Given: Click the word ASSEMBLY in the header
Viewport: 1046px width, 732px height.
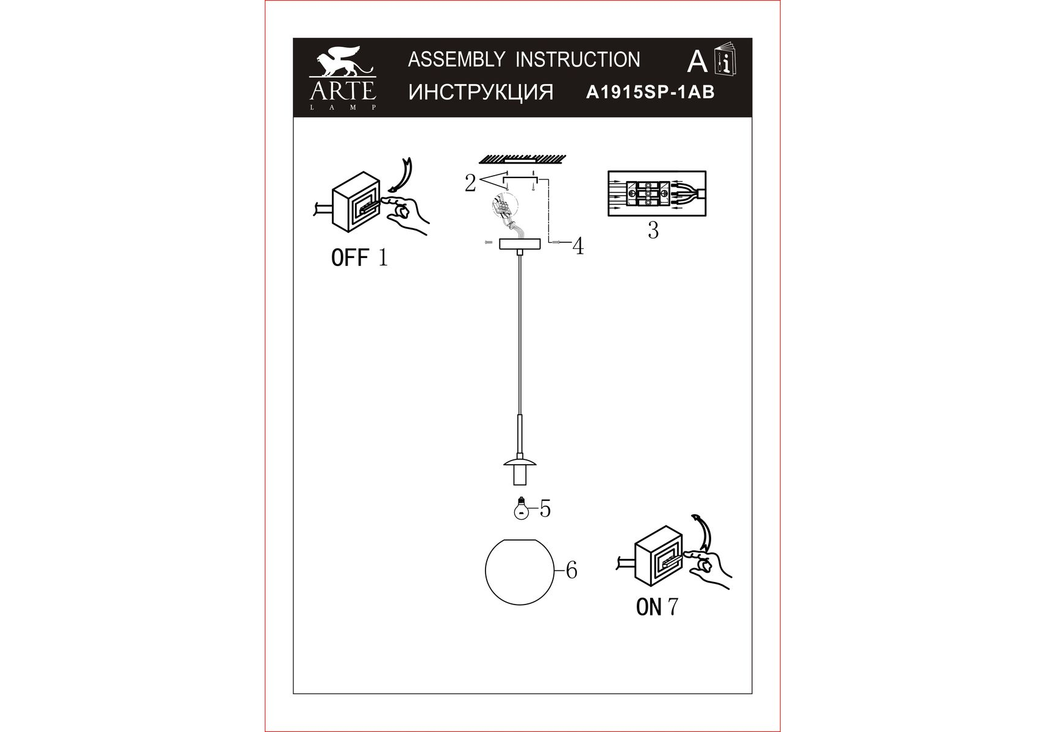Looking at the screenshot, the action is (x=456, y=59).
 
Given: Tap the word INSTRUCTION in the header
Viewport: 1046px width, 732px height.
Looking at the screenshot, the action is (x=578, y=59).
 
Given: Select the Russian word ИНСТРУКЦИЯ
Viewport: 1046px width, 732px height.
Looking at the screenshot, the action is (x=481, y=92).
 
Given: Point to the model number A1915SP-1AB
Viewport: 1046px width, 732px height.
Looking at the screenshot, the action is (x=650, y=92).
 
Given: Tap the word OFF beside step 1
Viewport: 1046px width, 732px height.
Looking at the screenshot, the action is (x=350, y=257).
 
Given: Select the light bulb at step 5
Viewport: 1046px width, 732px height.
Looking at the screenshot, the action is (x=521, y=508).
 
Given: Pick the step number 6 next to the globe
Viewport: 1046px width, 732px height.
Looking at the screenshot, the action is (x=571, y=570).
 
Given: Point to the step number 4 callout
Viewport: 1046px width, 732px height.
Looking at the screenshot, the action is (x=578, y=246).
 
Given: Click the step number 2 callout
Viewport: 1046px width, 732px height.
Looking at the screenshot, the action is (x=470, y=183).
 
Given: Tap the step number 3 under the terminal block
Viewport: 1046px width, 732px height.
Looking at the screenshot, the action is (x=653, y=231).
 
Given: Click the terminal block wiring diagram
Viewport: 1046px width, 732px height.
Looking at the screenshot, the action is (x=657, y=194).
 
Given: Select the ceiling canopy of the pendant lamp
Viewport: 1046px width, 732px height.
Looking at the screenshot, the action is (x=519, y=244).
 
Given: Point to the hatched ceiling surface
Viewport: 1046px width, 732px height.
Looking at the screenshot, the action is (x=521, y=160).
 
